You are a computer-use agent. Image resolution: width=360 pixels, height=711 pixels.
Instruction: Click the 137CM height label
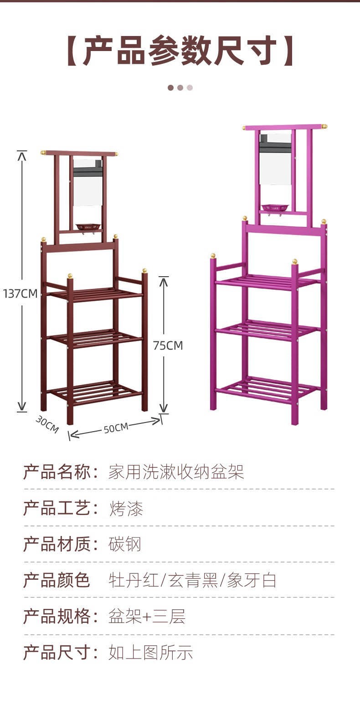coord(20,294)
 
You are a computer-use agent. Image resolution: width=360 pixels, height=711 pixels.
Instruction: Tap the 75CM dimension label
coord(168,345)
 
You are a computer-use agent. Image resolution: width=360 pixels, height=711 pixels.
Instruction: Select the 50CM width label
coord(116,428)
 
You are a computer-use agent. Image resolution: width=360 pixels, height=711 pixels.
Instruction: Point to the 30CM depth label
coord(47,425)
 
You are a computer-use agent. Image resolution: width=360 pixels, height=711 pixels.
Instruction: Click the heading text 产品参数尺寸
coord(180,51)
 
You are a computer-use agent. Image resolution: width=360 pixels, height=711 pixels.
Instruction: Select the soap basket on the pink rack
coord(275,208)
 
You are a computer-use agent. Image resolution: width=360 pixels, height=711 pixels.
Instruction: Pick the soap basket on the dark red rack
coord(87,227)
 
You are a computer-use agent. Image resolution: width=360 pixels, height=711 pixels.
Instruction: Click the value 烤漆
coord(126,509)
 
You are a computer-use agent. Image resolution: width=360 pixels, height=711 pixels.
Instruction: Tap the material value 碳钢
coord(125,544)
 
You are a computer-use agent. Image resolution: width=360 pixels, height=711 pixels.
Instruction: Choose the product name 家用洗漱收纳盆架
coord(176,472)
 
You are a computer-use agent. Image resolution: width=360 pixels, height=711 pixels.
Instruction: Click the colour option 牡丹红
coord(134,581)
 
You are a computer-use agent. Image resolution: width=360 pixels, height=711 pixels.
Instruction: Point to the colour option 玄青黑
coord(192,581)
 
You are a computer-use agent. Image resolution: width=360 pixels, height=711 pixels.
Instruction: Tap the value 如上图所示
coord(150,653)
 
